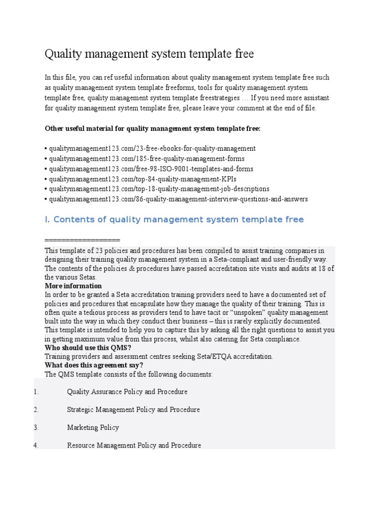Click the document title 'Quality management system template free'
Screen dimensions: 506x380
[149, 54]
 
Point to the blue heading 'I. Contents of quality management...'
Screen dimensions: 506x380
[174, 219]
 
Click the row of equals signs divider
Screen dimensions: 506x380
[82, 240]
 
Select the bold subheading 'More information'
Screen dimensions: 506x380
[73, 286]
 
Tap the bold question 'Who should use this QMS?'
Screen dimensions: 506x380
[88, 347]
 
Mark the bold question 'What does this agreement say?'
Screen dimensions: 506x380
[94, 365]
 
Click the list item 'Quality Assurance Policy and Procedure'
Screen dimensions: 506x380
[127, 392]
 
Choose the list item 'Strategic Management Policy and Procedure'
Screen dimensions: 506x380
[133, 410]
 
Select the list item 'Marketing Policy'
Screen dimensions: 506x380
[93, 427]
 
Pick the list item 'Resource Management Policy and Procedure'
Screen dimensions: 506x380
[134, 445]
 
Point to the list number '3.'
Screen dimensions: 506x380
[36, 427]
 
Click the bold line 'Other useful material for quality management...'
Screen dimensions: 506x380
[152, 128]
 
